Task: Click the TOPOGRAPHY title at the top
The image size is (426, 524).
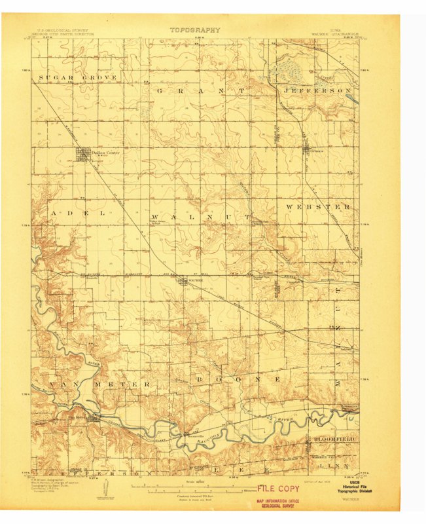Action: pos(195,30)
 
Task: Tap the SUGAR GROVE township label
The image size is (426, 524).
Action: pos(78,77)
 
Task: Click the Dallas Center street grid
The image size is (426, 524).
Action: pos(84,155)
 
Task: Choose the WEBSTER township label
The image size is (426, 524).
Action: pos(318,207)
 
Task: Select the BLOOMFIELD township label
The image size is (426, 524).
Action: pos(332,438)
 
